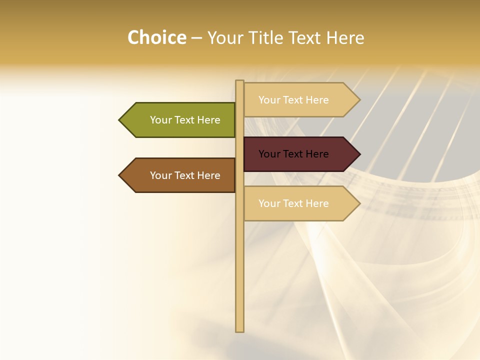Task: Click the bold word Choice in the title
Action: pyautogui.click(x=156, y=38)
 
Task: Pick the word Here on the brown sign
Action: pyautogui.click(x=209, y=175)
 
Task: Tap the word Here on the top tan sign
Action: pyautogui.click(x=317, y=100)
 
